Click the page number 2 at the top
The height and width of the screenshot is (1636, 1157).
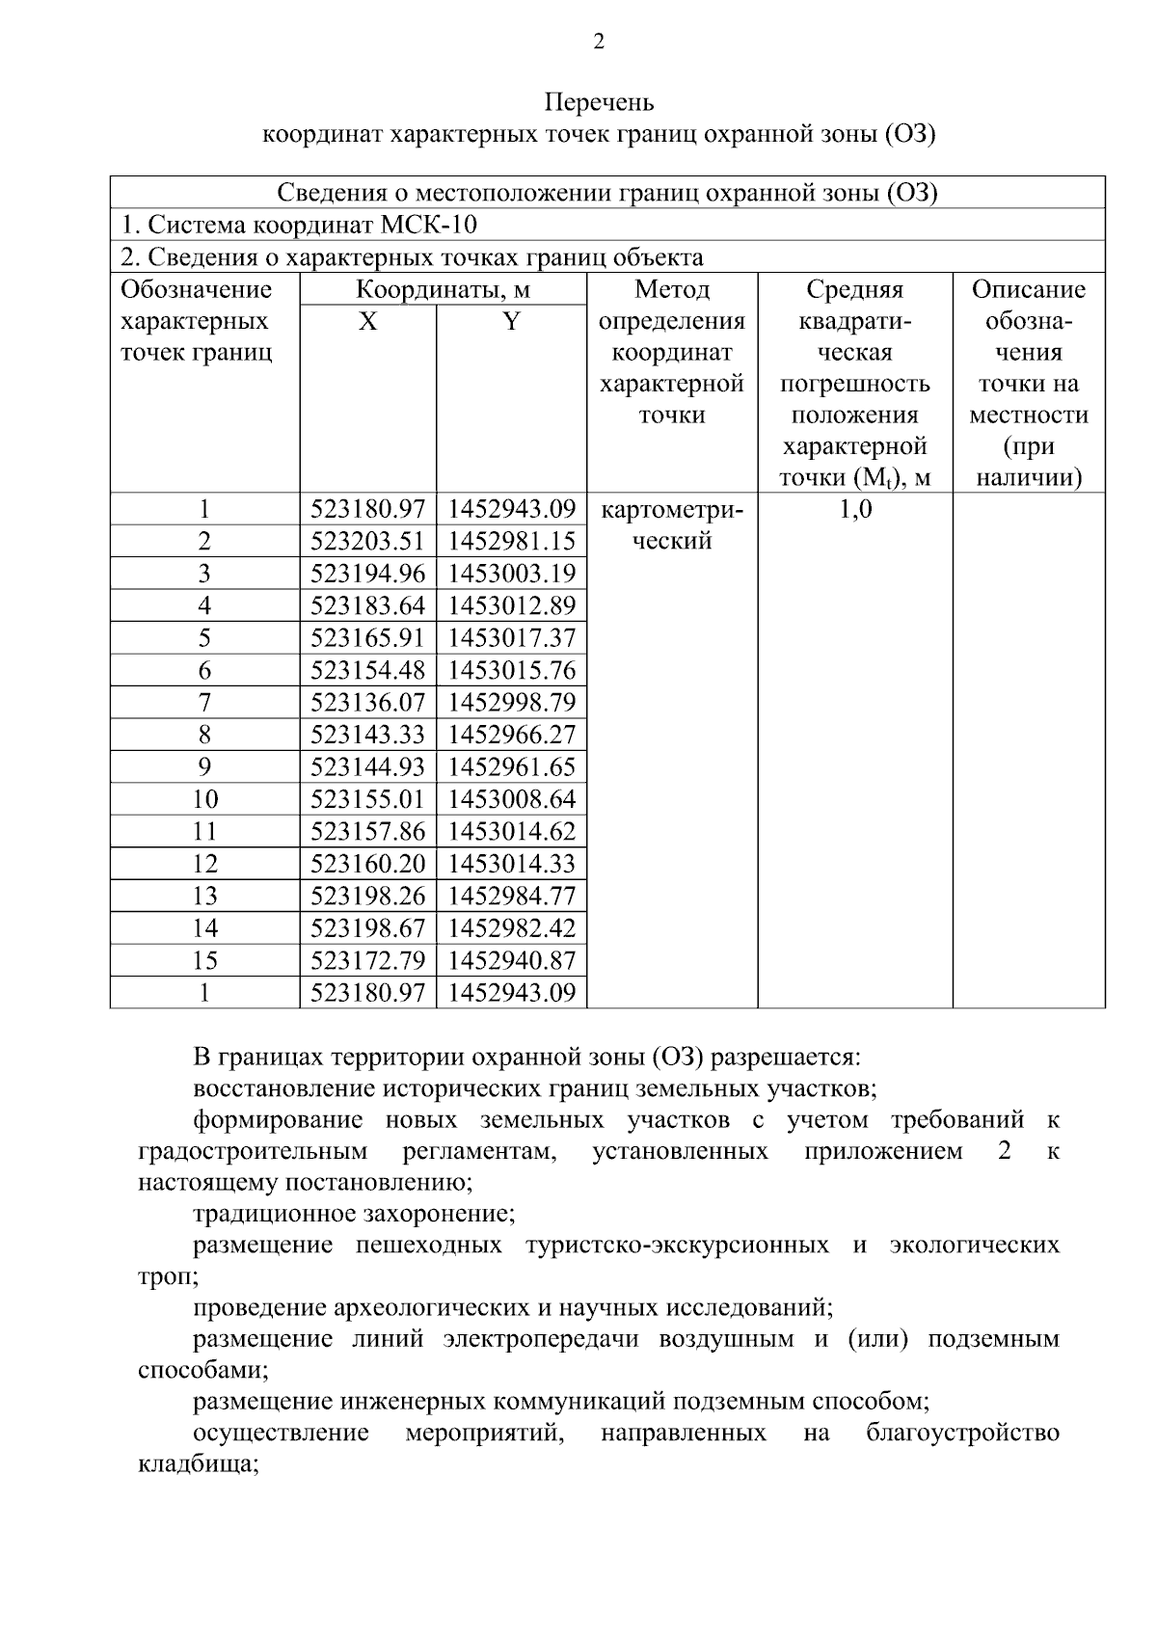click(599, 42)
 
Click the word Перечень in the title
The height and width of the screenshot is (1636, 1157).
click(599, 102)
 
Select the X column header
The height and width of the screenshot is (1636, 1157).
click(368, 322)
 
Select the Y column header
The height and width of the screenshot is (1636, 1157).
click(511, 322)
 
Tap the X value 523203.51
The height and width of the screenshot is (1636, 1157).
click(368, 542)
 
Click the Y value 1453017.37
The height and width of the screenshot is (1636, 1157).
click(511, 638)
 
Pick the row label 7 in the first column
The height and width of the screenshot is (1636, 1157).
click(204, 703)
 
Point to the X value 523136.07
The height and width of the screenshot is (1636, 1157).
click(368, 703)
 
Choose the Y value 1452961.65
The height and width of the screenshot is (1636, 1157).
click(511, 767)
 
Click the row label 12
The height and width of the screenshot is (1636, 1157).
click(204, 864)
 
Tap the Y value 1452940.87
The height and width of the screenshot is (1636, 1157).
click(511, 961)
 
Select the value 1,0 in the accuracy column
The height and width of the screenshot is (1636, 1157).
click(854, 510)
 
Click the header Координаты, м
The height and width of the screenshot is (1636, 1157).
click(443, 290)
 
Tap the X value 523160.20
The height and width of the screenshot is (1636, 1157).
click(368, 864)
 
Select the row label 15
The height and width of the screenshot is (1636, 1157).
click(204, 961)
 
